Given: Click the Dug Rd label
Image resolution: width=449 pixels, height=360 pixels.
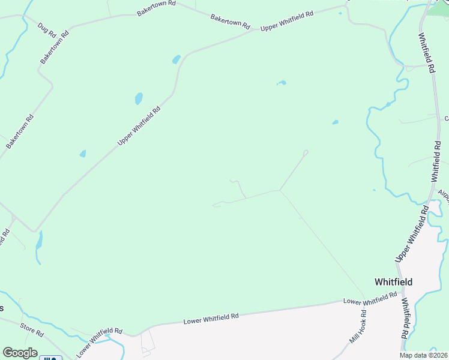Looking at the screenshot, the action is click(46, 28).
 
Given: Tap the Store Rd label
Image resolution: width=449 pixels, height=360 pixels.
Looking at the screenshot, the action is click(32, 329).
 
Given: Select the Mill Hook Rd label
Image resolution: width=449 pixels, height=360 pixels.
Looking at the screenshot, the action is click(358, 328).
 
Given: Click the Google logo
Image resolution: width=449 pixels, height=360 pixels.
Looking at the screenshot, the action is click(20, 353).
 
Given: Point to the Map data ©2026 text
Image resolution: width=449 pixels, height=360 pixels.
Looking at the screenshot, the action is click(424, 355).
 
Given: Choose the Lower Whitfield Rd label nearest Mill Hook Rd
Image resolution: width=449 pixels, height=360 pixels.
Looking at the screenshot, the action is click(370, 298).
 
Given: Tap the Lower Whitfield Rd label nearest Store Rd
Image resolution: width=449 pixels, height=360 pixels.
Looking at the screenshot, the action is click(100, 340).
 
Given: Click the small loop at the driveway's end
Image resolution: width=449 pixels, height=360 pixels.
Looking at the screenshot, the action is click(306, 152).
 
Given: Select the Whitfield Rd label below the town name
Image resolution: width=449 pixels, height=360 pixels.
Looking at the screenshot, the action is click(405, 318).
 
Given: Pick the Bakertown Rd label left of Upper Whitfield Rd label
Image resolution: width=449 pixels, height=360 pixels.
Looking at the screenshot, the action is click(230, 22).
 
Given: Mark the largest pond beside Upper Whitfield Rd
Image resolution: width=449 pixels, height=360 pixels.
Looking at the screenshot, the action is click(139, 98).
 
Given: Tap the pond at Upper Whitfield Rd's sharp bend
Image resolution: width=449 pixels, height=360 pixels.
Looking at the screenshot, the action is click(176, 59).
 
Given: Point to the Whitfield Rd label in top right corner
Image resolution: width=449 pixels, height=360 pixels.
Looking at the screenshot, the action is click(426, 53).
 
